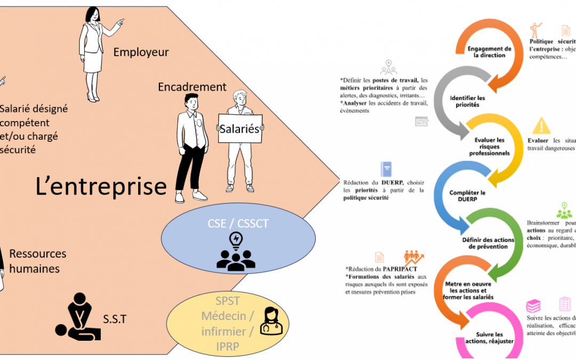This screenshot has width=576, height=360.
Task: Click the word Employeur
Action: coord(141,52)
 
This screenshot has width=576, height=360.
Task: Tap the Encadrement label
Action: coord(192,87)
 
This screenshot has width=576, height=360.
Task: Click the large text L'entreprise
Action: coord(101,187)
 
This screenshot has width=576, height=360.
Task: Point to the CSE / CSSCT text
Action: coord(238,224)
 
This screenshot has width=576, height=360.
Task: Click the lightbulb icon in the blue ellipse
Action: coord(235,241)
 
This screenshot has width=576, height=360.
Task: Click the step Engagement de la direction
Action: coord(489,52)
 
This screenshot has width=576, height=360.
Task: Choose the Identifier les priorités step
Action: coord(467,101)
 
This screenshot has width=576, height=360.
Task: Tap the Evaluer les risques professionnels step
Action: coord(489,146)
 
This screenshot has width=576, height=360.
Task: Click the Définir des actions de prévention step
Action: coord(488,243)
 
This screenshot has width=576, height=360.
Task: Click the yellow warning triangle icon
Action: coord(541,126)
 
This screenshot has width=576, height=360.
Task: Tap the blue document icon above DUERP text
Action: coord(386,169)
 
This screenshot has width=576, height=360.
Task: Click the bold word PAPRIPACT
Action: coord(396,269)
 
